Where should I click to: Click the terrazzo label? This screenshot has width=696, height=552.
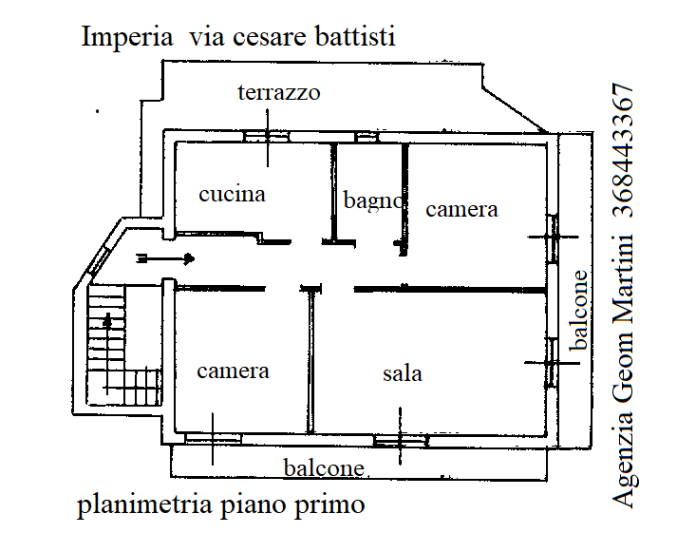click(278, 93)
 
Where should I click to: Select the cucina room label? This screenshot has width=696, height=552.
click(232, 194)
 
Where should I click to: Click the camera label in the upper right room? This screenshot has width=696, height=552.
click(461, 209)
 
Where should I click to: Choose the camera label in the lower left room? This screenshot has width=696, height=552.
click(233, 371)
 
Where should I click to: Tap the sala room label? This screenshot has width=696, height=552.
click(403, 373)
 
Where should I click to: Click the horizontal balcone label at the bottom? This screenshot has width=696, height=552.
click(324, 467)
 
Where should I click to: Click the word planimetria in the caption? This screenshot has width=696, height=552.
click(143, 504)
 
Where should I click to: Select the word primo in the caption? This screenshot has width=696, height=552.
click(332, 504)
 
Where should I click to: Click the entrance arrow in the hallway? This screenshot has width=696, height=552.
click(166, 258)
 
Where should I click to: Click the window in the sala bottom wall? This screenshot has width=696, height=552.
click(400, 440)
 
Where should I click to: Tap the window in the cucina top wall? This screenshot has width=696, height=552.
click(268, 136)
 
